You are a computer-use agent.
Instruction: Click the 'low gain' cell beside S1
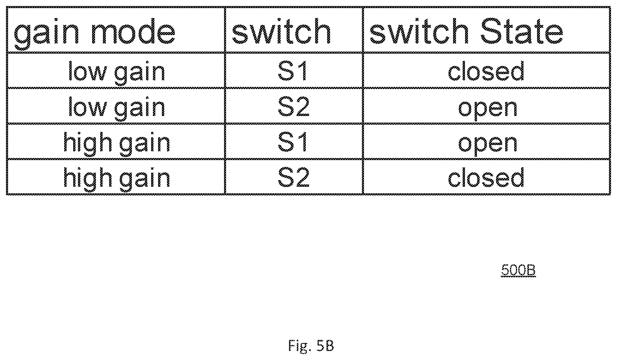pyautogui.click(x=117, y=72)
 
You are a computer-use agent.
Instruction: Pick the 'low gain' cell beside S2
pyautogui.click(x=117, y=107)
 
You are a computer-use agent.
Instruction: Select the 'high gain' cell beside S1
pyautogui.click(x=117, y=143)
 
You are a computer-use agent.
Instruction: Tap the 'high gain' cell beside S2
pyautogui.click(x=117, y=178)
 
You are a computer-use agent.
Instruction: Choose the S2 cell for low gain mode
pyautogui.click(x=294, y=106)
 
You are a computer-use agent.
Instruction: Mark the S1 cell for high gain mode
pyautogui.click(x=293, y=141)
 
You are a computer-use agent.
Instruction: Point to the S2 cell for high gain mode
pyautogui.click(x=294, y=177)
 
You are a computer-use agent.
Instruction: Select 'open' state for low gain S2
pyautogui.click(x=488, y=109)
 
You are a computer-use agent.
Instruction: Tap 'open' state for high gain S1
pyautogui.click(x=488, y=144)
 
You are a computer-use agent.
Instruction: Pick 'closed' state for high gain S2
pyautogui.click(x=486, y=177)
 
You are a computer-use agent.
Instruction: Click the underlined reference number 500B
pyautogui.click(x=518, y=270)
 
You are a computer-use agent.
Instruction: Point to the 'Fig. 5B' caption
pyautogui.click(x=311, y=346)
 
